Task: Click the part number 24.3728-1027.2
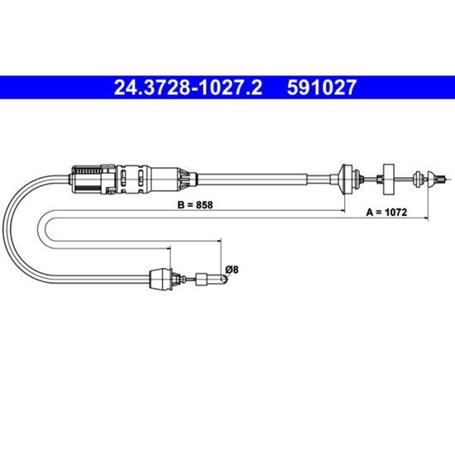[188, 88]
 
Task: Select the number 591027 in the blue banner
[321, 88]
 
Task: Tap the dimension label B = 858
[195, 205]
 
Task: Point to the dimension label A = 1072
[386, 213]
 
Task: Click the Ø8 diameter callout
[232, 270]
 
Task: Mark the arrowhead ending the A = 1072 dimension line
[426, 218]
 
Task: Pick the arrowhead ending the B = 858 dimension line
[342, 211]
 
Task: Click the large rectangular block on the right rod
[389, 180]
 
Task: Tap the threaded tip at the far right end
[443, 180]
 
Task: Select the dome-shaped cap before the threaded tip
[433, 180]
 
